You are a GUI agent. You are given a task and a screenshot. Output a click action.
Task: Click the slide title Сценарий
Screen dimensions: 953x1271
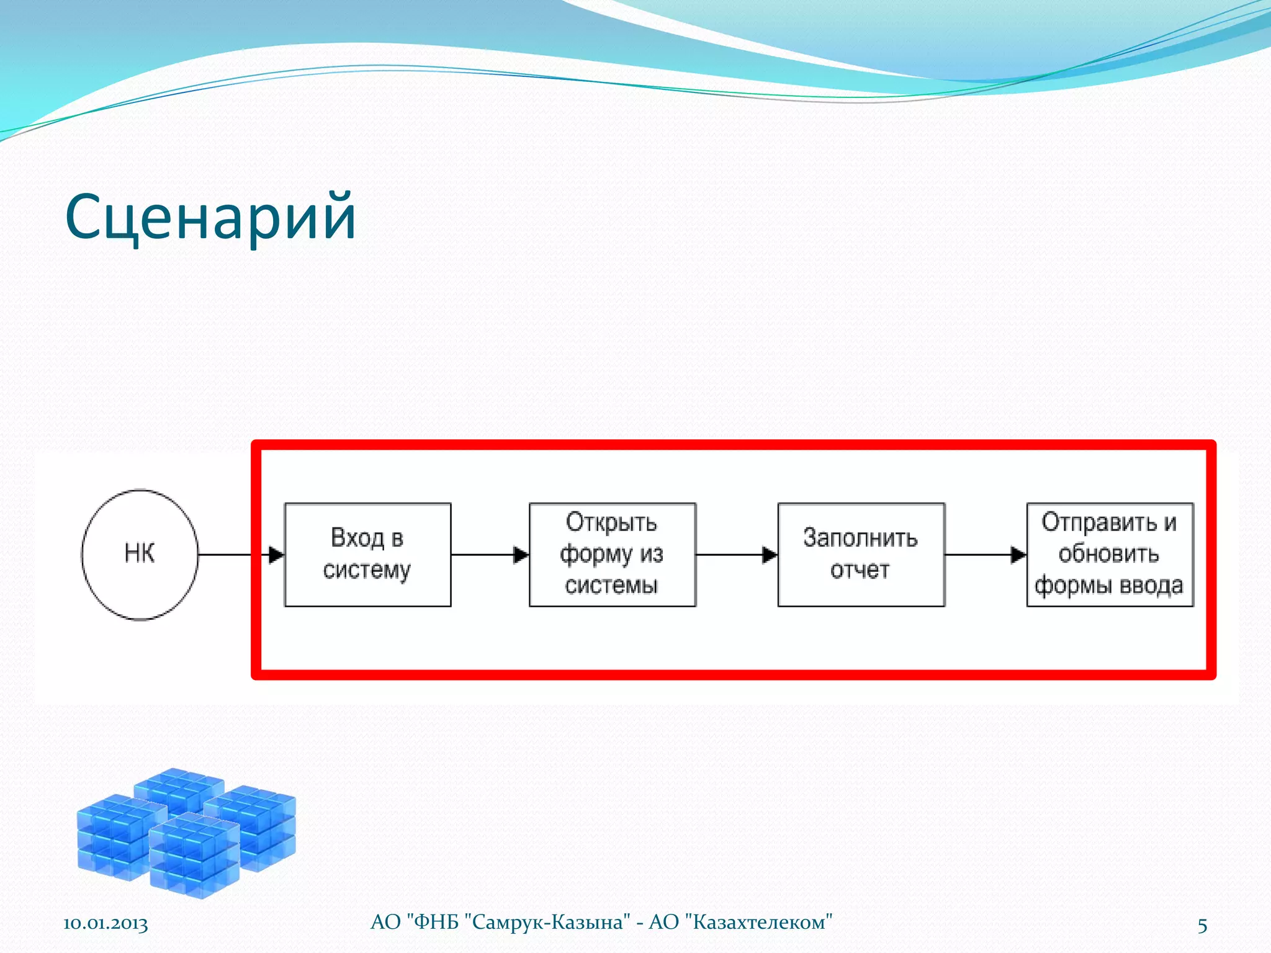tap(211, 217)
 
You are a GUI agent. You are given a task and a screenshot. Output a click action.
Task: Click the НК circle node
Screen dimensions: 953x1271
tap(140, 554)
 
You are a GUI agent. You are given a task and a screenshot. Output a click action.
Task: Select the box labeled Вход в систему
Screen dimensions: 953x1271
tap(367, 554)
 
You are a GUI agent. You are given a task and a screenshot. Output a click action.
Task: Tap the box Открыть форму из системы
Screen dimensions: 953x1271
tap(612, 554)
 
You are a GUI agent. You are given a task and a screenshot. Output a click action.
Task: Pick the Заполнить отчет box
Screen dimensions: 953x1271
tap(861, 554)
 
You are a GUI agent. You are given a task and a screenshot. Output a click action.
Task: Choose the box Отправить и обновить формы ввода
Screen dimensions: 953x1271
tap(1110, 554)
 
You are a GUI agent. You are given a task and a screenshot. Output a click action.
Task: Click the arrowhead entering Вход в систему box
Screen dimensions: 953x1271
tap(276, 555)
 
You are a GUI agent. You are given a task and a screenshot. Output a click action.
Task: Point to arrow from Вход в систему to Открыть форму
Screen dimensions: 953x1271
tap(490, 555)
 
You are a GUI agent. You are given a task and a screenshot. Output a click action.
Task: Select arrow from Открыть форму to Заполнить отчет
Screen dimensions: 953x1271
tap(737, 555)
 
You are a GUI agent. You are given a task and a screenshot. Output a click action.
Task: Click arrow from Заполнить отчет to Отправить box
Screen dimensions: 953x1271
tap(986, 555)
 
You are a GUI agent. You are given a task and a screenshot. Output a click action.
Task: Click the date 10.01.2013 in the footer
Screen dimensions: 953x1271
tap(106, 923)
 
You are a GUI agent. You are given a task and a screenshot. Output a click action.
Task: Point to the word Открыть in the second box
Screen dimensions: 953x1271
tap(611, 522)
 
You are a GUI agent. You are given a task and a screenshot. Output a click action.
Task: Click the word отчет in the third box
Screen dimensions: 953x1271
tap(860, 570)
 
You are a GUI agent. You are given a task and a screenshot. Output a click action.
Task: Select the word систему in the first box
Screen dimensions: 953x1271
tap(367, 570)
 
